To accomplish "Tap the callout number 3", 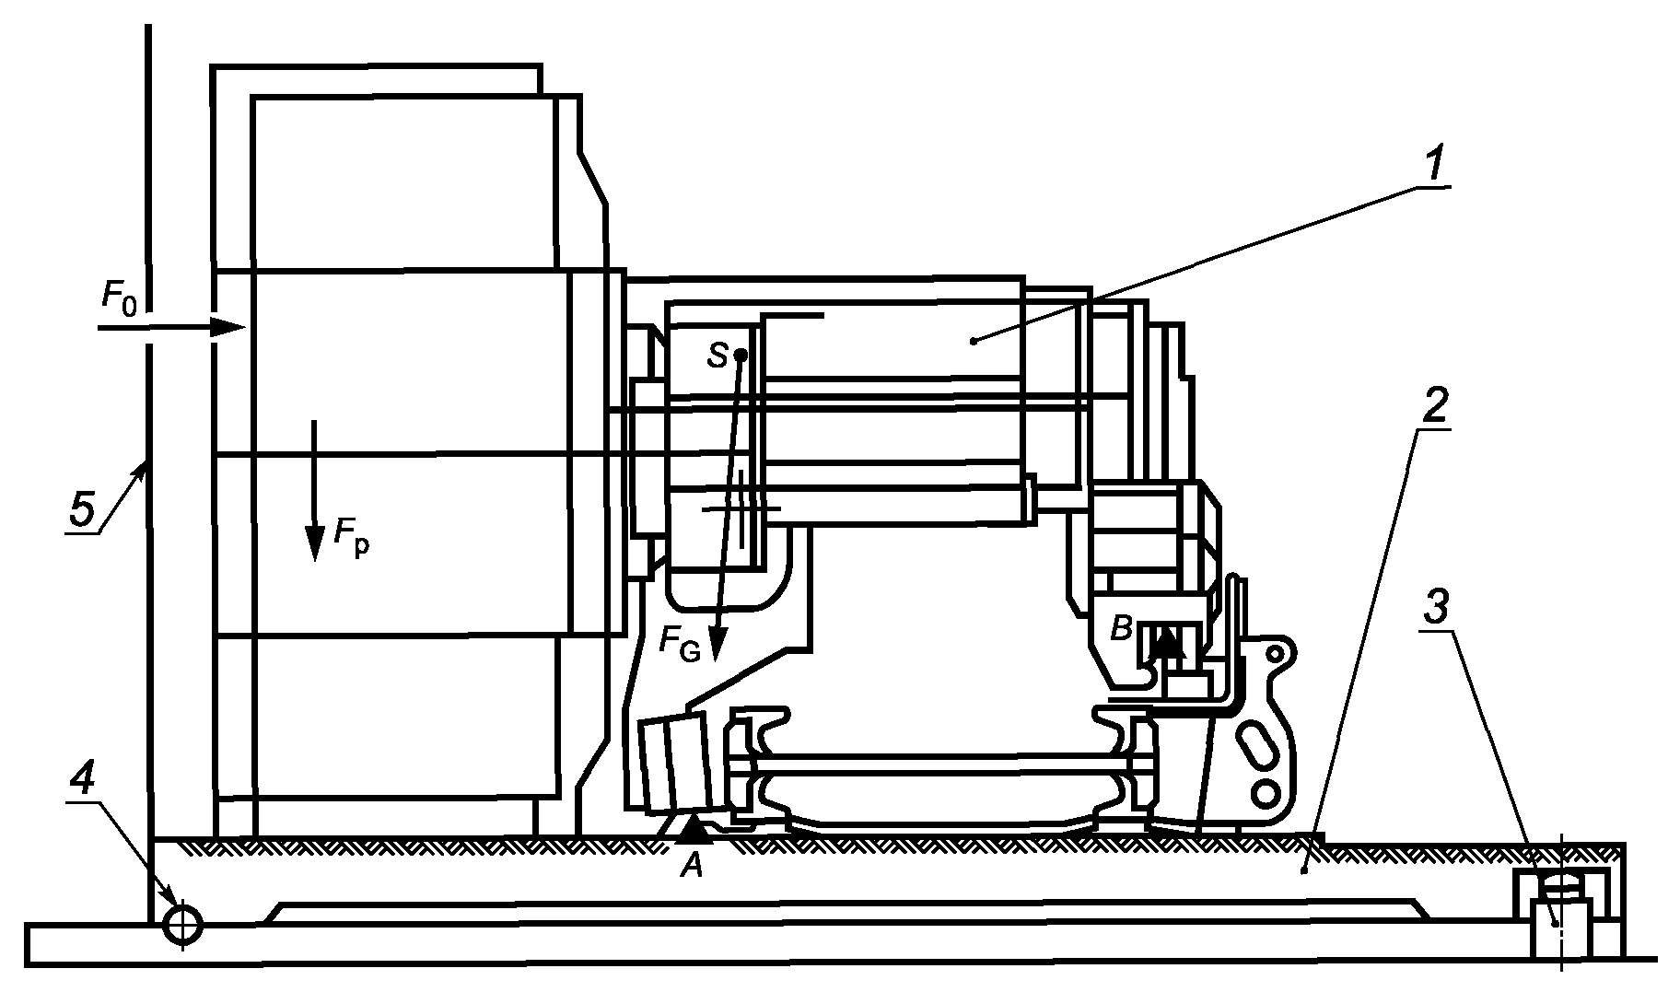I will click(1433, 608).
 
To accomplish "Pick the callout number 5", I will click(83, 509).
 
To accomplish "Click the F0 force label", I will click(119, 298).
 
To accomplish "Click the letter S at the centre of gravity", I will click(717, 356).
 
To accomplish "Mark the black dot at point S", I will click(741, 355).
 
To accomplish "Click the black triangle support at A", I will click(695, 831).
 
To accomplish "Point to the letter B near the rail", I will click(1121, 630).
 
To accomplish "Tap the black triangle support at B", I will click(1168, 641).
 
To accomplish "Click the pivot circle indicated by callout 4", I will click(182, 924).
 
